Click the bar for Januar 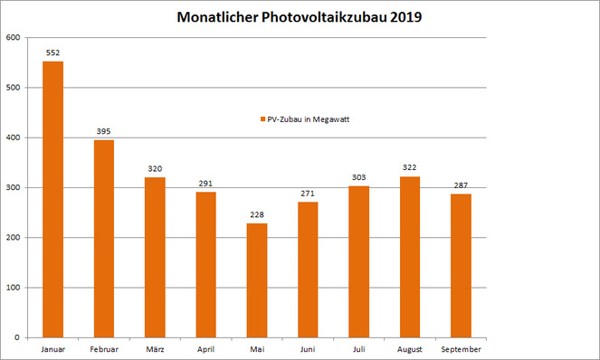[53, 199]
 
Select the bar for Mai [257, 280]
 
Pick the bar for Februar [104, 239]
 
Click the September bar [461, 266]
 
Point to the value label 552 [53, 52]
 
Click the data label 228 [257, 214]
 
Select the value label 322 [410, 168]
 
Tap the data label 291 [206, 184]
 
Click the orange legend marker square [260, 119]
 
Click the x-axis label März [156, 348]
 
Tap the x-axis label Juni [308, 348]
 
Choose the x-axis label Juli [358, 348]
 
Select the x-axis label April [206, 348]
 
